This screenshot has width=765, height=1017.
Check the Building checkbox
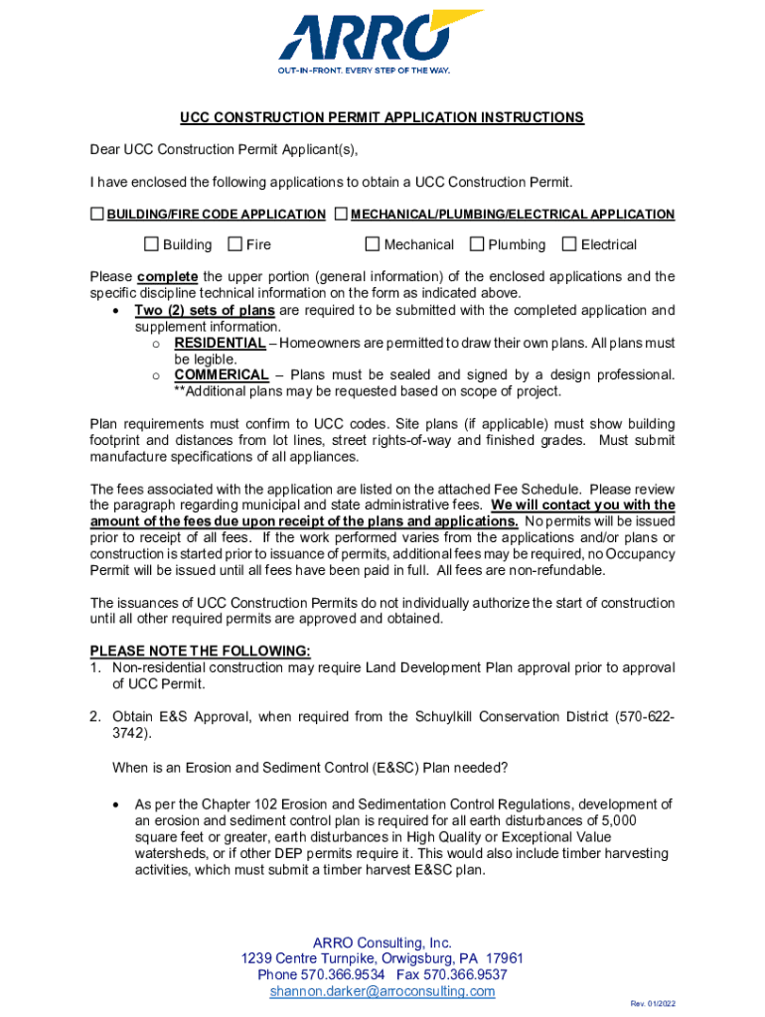click(152, 244)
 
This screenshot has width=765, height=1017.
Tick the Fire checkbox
click(235, 244)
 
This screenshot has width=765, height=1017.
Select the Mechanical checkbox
click(373, 244)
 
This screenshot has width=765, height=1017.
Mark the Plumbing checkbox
click(477, 244)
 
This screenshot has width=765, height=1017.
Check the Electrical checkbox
click(569, 244)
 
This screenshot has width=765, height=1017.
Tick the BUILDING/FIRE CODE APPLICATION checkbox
click(97, 214)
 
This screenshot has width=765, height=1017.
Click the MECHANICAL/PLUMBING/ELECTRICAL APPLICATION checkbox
click(341, 214)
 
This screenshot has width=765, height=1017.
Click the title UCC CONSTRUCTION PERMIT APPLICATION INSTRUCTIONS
click(382, 118)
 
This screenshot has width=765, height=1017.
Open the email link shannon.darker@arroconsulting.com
click(382, 991)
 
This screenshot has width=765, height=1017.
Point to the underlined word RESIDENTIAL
click(220, 344)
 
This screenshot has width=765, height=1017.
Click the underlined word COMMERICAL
click(222, 375)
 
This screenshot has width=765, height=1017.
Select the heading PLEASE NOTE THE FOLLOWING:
click(201, 652)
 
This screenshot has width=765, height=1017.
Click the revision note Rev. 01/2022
click(653, 1004)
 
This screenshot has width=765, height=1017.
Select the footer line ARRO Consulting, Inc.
click(382, 943)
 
